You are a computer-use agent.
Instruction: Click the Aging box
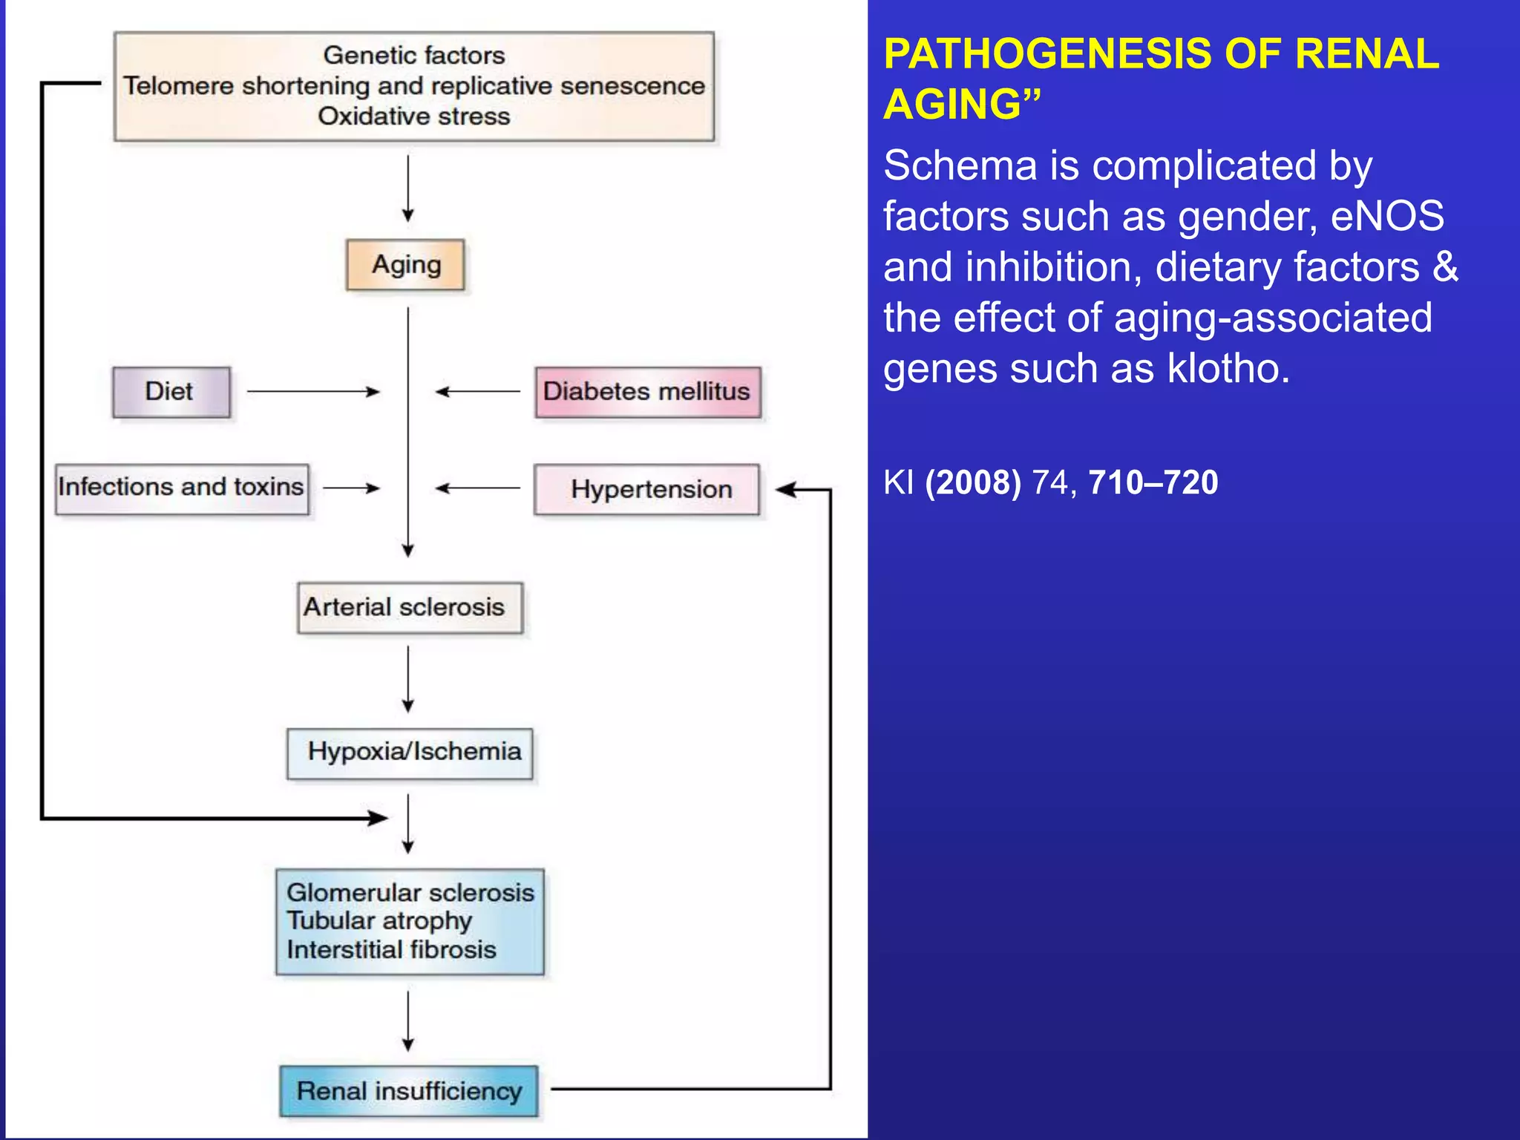pyautogui.click(x=405, y=265)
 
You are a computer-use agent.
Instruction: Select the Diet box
pyautogui.click(x=171, y=392)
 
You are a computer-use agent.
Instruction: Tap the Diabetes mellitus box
pyautogui.click(x=647, y=392)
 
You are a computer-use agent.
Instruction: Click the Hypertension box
pyautogui.click(x=647, y=489)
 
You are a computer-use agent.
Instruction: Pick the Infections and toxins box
pyautogui.click(x=182, y=488)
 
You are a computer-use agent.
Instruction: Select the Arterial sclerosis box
pyautogui.click(x=410, y=608)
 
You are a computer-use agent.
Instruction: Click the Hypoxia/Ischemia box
pyautogui.click(x=410, y=753)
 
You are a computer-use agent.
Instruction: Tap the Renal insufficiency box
pyautogui.click(x=409, y=1091)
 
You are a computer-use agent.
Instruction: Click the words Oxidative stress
pyautogui.click(x=413, y=117)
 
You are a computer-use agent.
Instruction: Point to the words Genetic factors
pyautogui.click(x=413, y=55)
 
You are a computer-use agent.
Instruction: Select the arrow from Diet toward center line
pyautogui.click(x=312, y=391)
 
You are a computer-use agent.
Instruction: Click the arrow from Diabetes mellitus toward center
pyautogui.click(x=478, y=391)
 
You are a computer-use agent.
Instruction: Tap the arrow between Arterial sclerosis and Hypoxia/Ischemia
pyautogui.click(x=407, y=678)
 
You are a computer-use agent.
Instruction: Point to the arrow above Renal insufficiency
pyautogui.click(x=407, y=1021)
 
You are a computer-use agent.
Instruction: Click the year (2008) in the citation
pyautogui.click(x=972, y=482)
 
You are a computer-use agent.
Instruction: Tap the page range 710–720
pyautogui.click(x=1153, y=482)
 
